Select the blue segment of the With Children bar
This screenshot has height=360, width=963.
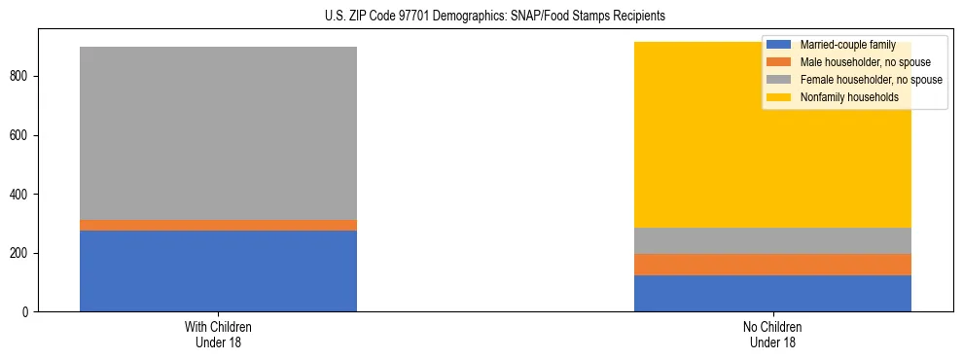pos(218,270)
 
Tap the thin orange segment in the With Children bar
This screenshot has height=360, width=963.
pos(218,225)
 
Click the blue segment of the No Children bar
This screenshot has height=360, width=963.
pos(772,293)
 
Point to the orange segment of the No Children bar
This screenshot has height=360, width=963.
pos(772,265)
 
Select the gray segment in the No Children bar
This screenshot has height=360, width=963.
pos(772,240)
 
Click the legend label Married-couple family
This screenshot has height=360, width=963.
pos(846,45)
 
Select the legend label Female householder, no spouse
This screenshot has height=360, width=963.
pos(870,80)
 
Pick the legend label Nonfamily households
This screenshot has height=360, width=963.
pos(843,97)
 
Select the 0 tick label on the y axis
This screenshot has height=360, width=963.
pos(28,312)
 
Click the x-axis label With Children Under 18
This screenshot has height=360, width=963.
pos(218,334)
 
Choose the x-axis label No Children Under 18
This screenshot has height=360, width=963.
pos(772,334)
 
